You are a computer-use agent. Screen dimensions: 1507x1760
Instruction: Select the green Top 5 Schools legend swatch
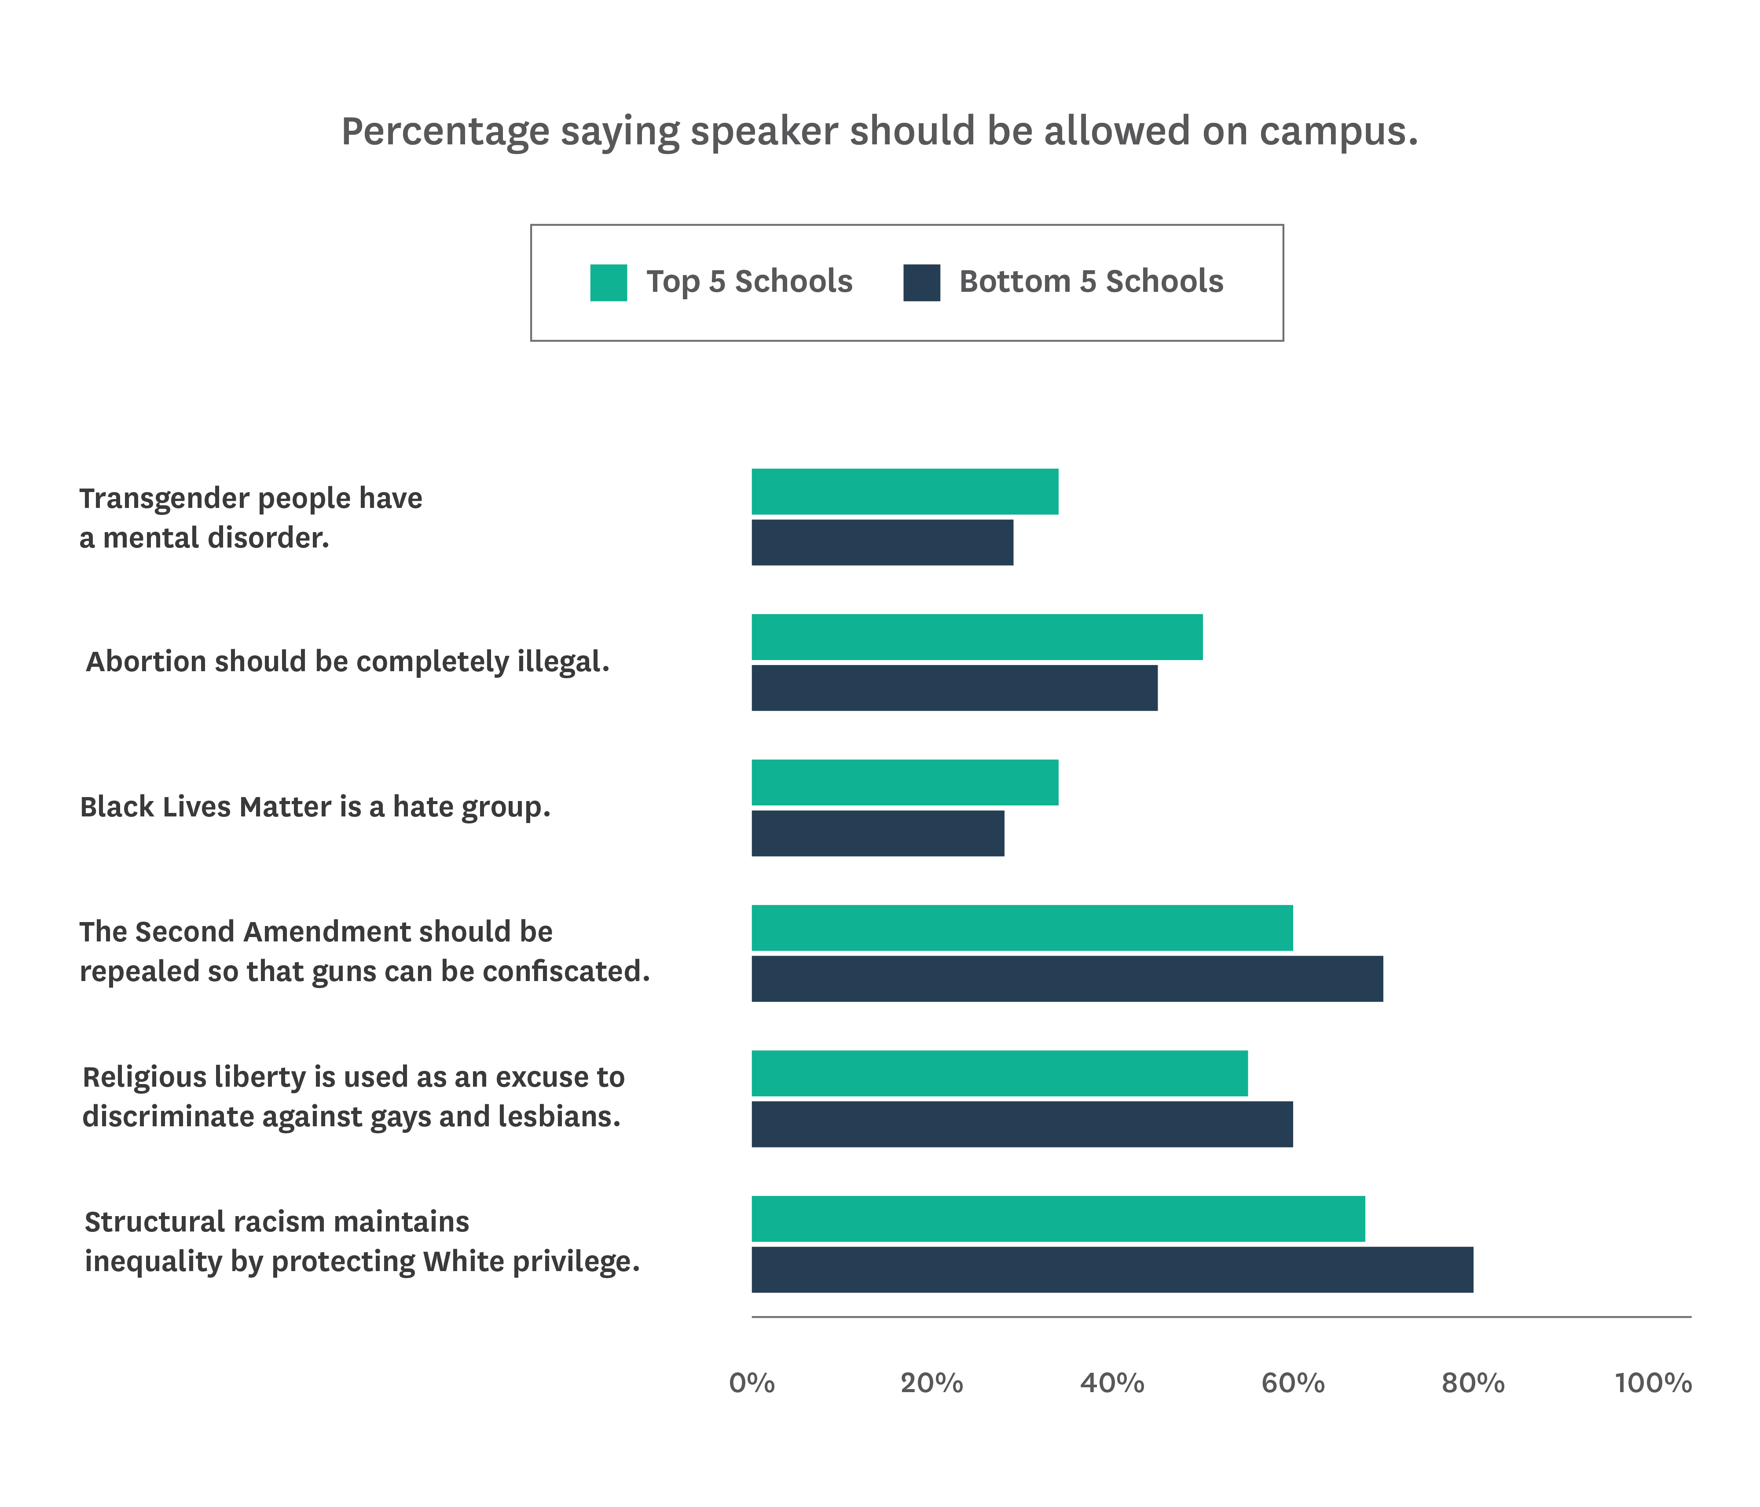click(608, 283)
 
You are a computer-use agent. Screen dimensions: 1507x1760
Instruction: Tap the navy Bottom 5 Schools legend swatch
click(922, 283)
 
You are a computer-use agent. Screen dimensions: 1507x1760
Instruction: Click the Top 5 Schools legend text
click(749, 281)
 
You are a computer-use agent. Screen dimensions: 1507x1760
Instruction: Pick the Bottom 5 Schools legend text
click(1091, 281)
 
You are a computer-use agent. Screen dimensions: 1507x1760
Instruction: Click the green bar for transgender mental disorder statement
click(905, 492)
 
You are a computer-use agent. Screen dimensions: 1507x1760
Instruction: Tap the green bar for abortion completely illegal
click(977, 637)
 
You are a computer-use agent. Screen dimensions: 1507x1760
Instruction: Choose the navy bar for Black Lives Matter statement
click(877, 833)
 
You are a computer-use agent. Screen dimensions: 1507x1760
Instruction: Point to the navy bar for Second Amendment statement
click(1067, 978)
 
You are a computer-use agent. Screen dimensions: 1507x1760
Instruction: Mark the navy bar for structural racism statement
click(1112, 1270)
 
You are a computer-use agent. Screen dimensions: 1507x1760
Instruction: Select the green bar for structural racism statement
click(1057, 1219)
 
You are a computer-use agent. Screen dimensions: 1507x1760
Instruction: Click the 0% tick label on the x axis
click(752, 1383)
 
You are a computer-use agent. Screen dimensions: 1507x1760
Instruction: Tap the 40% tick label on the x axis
click(1112, 1383)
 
